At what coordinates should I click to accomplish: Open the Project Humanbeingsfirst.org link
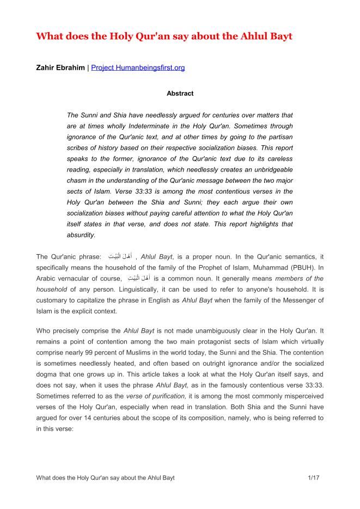pyautogui.click(x=138, y=68)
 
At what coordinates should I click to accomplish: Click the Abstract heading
pyautogui.click(x=180, y=94)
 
